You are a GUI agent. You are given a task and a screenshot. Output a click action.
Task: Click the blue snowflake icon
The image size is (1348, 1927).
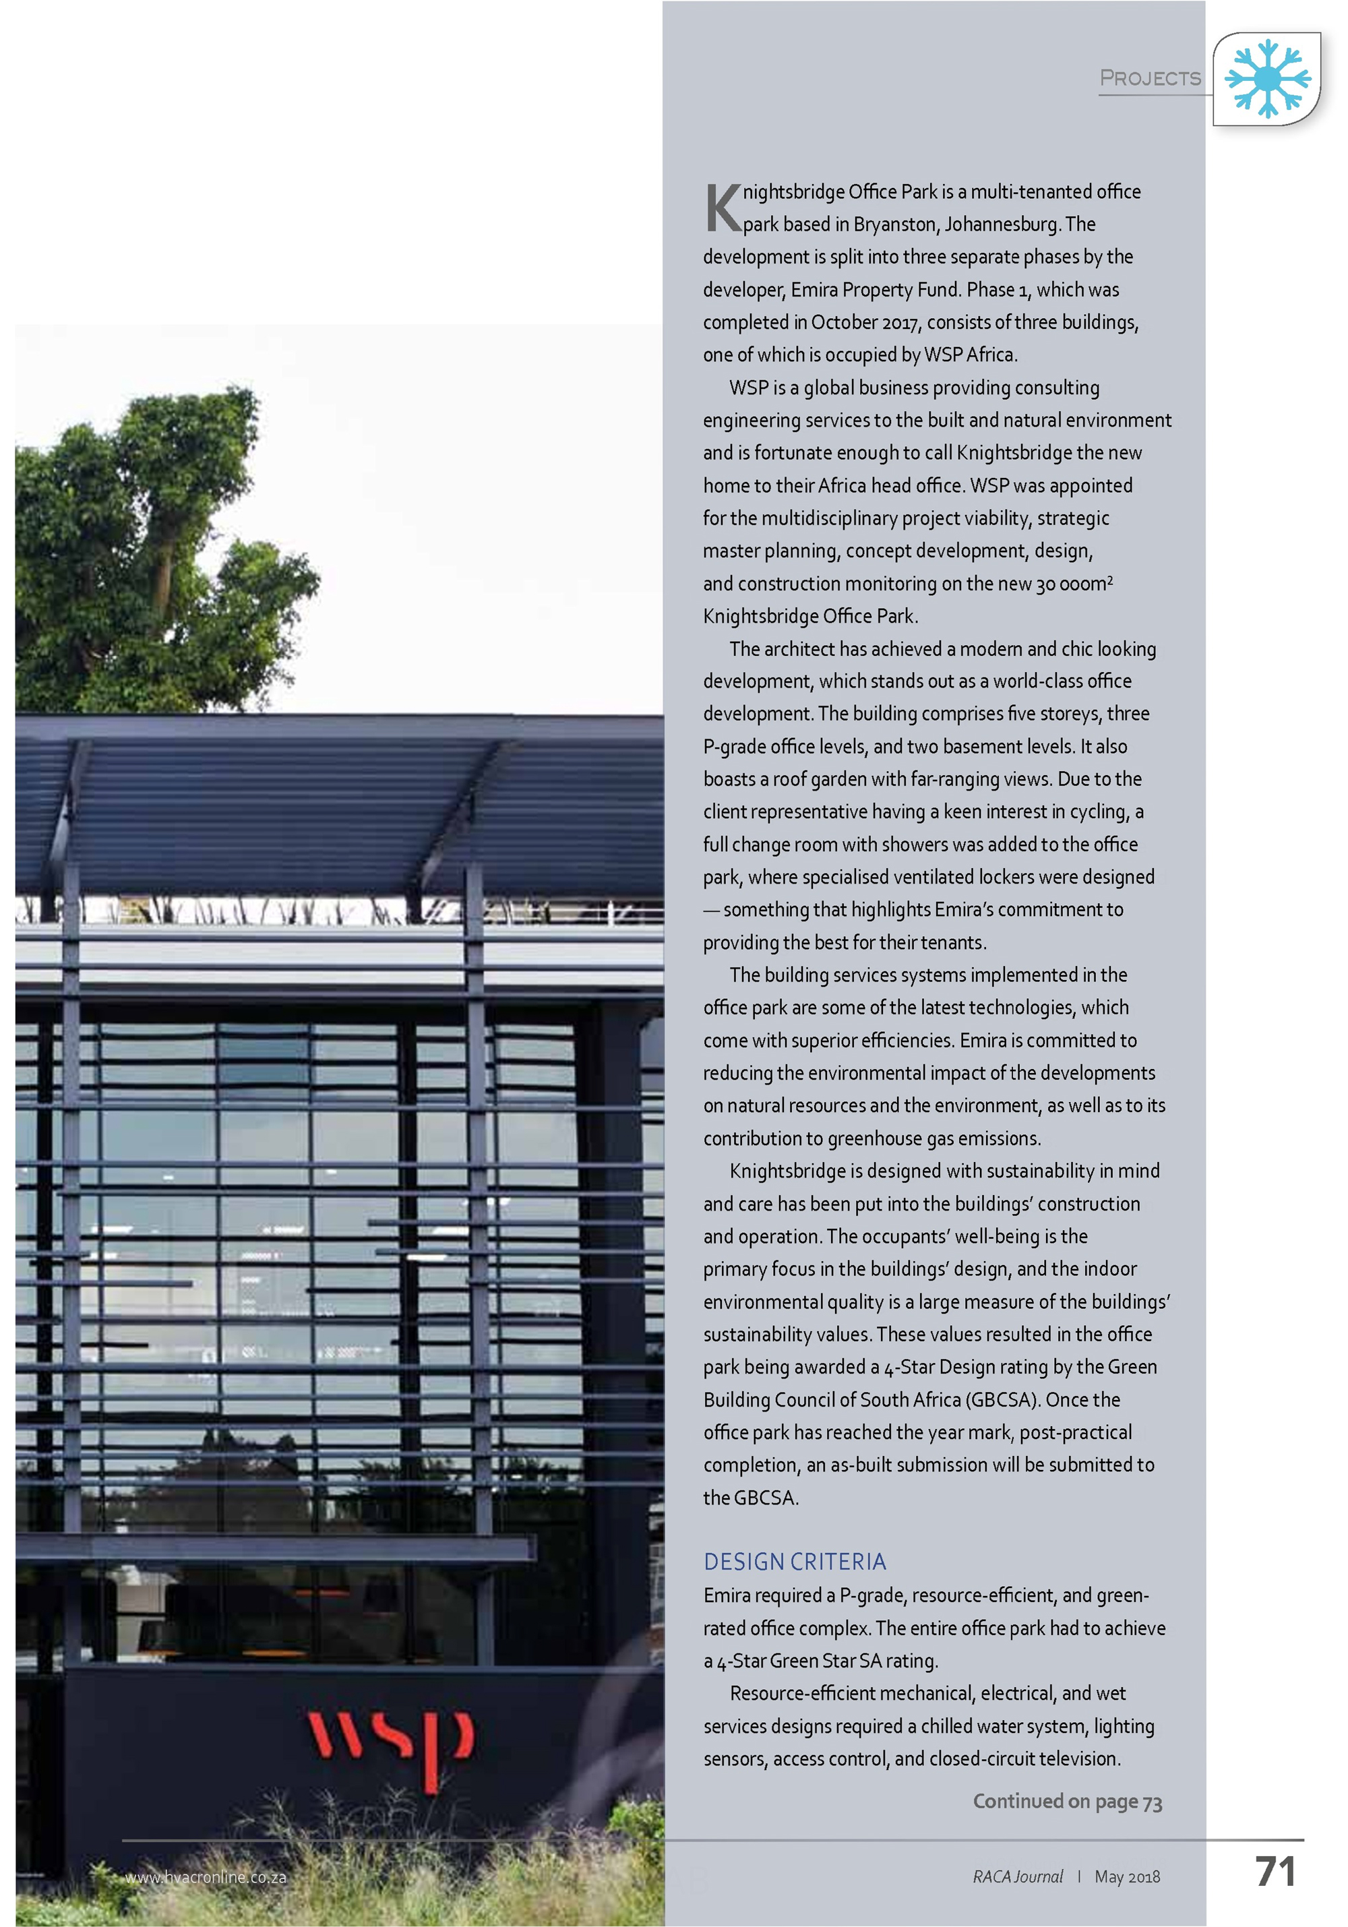pos(1266,78)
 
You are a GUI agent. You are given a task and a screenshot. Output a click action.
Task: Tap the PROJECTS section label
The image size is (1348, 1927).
pos(1150,78)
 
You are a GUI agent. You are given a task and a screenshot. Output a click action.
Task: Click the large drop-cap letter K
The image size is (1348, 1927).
pos(722,208)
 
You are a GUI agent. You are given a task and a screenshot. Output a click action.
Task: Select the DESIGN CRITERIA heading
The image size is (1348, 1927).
pos(794,1561)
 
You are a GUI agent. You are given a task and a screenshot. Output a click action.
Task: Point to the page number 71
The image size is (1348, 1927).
pos(1275,1871)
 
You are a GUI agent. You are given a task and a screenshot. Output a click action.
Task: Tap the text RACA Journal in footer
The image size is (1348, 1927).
pos(1017,1876)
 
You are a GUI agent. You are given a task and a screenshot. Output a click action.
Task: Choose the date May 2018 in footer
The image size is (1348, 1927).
pos(1126,1876)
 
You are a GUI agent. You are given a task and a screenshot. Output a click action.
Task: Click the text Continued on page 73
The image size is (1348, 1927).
pos(1067,1801)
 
